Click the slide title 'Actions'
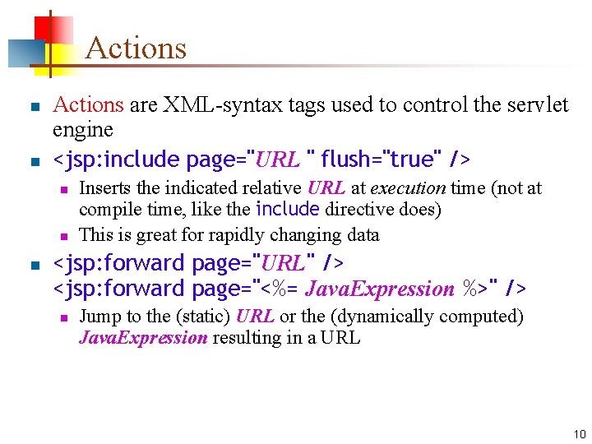136,48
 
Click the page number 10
580,434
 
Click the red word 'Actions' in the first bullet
88,105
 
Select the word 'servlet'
539,105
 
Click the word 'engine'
82,130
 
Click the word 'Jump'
99,317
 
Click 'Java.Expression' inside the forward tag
380,289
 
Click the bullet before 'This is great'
62,236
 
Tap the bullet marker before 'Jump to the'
62,317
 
